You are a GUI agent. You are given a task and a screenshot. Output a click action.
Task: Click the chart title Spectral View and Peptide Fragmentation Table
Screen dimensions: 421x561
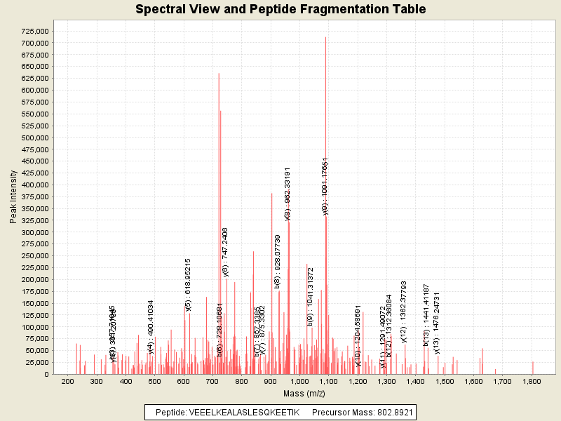pyautogui.click(x=280, y=9)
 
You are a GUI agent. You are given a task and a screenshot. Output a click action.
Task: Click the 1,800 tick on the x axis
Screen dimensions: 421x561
pyautogui.click(x=532, y=382)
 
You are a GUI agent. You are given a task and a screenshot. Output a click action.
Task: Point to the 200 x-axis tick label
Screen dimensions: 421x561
pyautogui.click(x=67, y=382)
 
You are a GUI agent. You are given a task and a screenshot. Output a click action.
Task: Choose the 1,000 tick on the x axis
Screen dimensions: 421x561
pyautogui.click(x=299, y=382)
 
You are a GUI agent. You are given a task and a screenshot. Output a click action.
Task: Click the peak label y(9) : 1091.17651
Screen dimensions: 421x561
pyautogui.click(x=325, y=186)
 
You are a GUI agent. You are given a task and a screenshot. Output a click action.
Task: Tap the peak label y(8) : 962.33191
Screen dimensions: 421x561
pyautogui.click(x=288, y=194)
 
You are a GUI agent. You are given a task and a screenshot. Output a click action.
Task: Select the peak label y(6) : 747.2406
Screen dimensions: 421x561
pyautogui.click(x=225, y=252)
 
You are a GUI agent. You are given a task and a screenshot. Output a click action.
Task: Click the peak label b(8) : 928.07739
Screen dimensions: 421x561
pyautogui.click(x=278, y=262)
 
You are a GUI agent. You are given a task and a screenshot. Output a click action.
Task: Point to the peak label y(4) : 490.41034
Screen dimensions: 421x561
pyautogui.click(x=151, y=327)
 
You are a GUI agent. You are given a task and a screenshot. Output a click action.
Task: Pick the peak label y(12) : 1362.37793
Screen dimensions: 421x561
pyautogui.click(x=404, y=312)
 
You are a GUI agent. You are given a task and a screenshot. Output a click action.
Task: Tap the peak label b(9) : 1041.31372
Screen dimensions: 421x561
pyautogui.click(x=311, y=296)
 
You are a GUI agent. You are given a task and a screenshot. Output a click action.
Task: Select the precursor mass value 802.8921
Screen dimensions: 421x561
pyautogui.click(x=389, y=411)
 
